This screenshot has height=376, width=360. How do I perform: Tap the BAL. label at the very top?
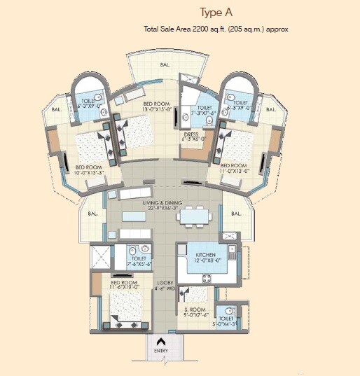[x=165, y=64]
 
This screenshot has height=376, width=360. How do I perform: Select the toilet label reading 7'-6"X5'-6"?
[x=141, y=262]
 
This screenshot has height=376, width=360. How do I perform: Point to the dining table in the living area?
[x=195, y=217]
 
